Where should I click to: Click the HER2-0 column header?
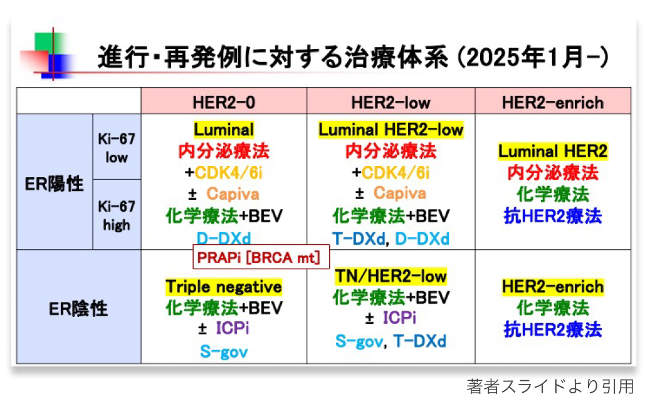pyautogui.click(x=224, y=102)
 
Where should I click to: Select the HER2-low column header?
pyautogui.click(x=391, y=102)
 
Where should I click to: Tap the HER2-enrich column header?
pyautogui.click(x=552, y=102)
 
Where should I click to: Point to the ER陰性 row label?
pyautogui.click(x=78, y=308)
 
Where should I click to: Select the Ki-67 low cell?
pyautogui.click(x=117, y=148)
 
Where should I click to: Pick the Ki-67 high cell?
pyautogui.click(x=117, y=215)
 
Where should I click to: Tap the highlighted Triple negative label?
pyautogui.click(x=224, y=287)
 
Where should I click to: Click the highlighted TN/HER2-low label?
pyautogui.click(x=391, y=276)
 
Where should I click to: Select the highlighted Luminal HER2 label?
pyautogui.click(x=552, y=151)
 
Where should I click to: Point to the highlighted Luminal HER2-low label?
pyautogui.click(x=391, y=130)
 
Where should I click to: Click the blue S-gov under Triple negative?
pyautogui.click(x=224, y=351)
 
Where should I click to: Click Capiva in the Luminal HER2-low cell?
pyautogui.click(x=399, y=194)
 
